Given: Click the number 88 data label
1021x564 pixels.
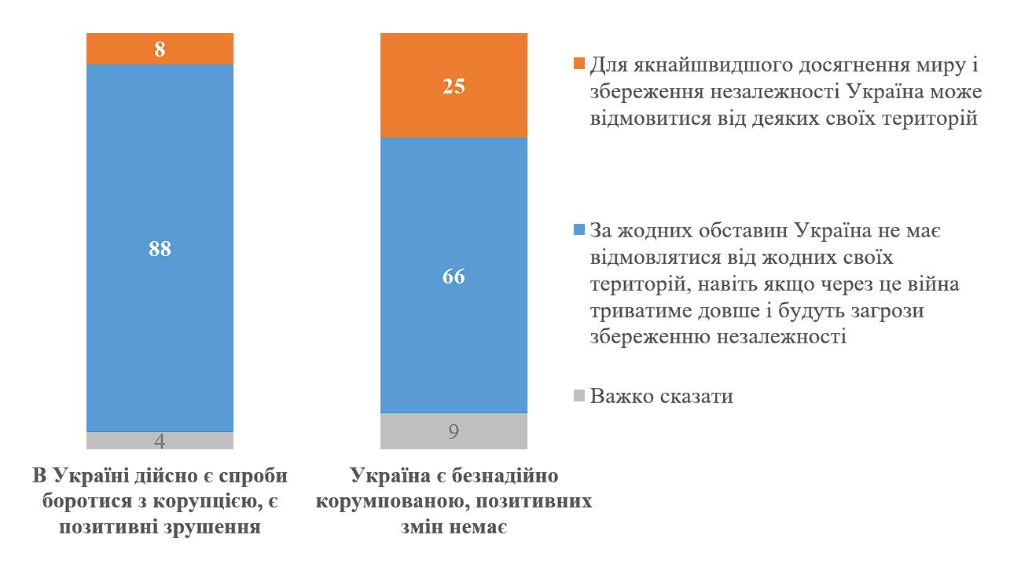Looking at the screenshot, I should tap(160, 248).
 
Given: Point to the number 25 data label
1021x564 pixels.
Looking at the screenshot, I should tap(454, 86).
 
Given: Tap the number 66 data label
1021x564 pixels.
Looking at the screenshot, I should tap(454, 277).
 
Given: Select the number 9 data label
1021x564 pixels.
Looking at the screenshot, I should tap(454, 431).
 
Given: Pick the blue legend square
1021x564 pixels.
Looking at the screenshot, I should tap(580, 230).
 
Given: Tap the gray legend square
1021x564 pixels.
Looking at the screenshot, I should tap(580, 396).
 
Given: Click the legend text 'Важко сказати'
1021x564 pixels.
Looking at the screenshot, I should tap(662, 396).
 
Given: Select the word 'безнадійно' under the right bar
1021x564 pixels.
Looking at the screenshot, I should tap(512, 477).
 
